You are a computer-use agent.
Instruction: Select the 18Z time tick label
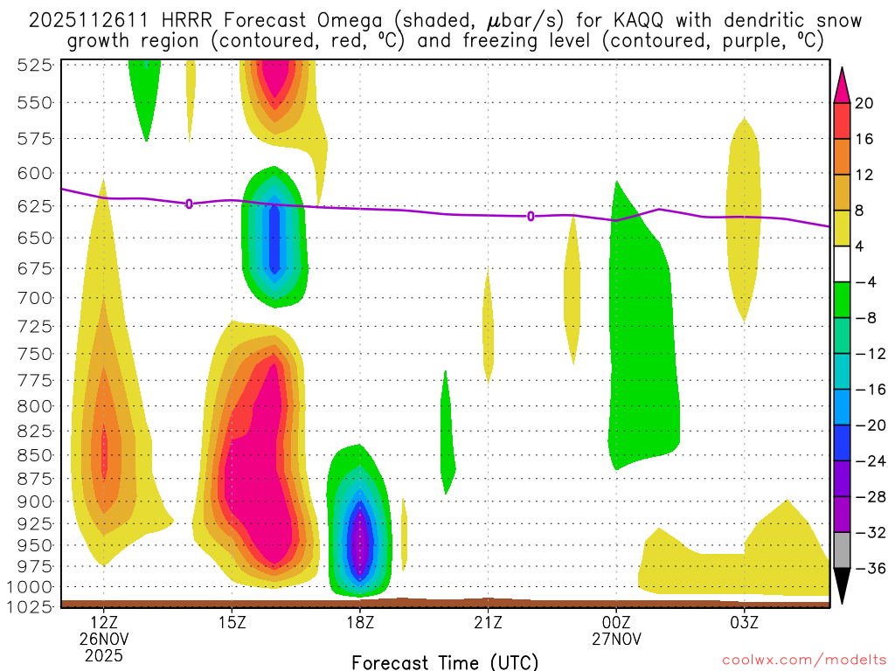click(x=360, y=623)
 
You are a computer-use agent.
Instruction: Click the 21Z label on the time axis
click(x=488, y=623)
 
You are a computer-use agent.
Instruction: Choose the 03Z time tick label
click(x=744, y=623)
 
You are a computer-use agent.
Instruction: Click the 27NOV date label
click(x=616, y=639)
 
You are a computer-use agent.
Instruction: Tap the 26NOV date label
click(x=104, y=639)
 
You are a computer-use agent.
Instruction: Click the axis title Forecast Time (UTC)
click(x=445, y=661)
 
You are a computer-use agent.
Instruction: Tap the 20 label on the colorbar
click(x=864, y=103)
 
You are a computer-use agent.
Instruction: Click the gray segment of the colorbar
click(x=843, y=550)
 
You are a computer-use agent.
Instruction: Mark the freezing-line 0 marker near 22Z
click(x=531, y=216)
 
